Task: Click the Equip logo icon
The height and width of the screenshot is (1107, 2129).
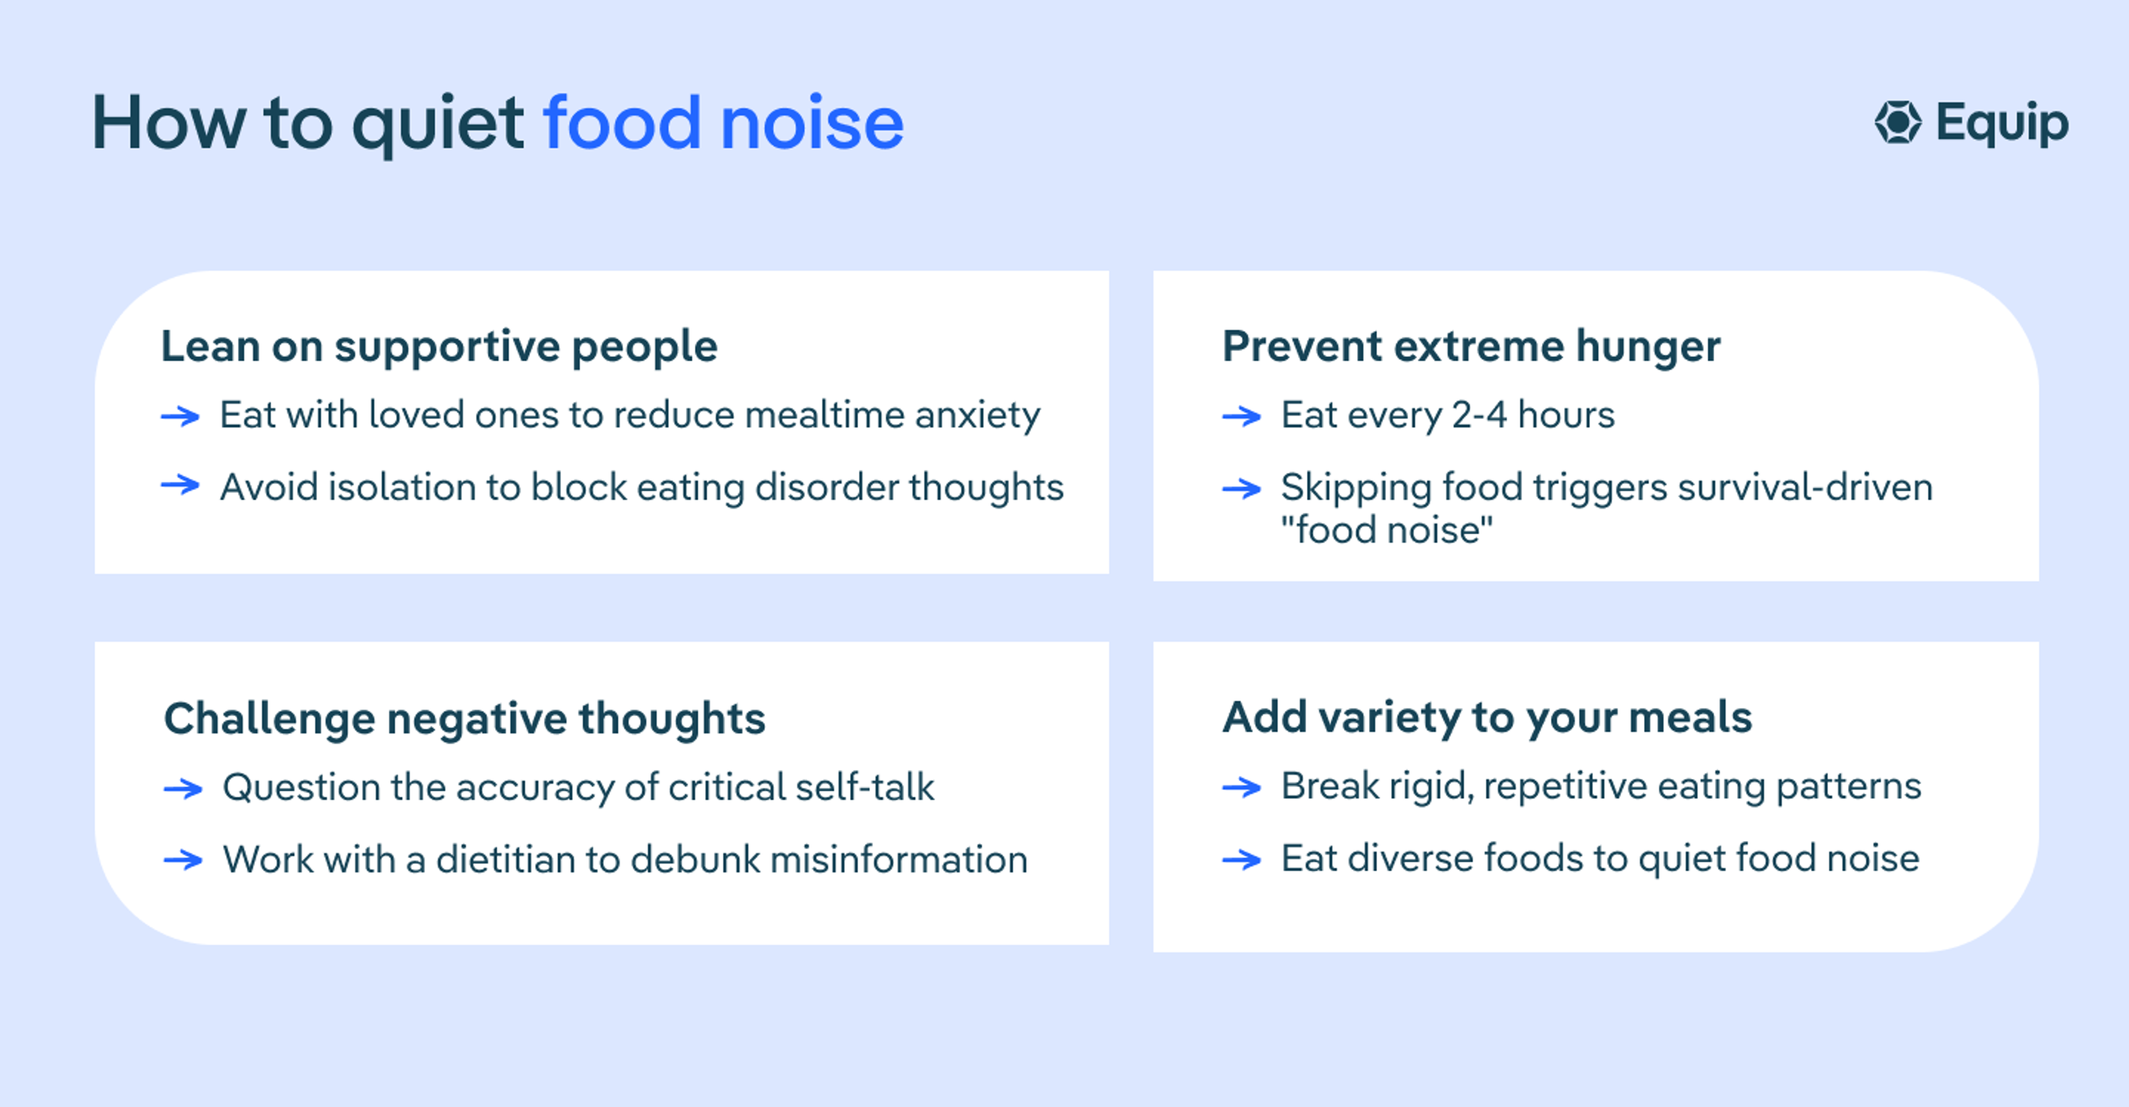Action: coord(1898,123)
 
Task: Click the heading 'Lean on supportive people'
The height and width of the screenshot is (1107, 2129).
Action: coord(439,346)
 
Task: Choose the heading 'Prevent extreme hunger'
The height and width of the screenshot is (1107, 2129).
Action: coord(1471,346)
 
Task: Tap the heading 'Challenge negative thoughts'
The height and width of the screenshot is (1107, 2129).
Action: coord(465,718)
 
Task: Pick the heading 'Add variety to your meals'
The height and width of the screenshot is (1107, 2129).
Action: coord(1487,717)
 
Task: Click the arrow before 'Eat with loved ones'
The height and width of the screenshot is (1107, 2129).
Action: coord(180,416)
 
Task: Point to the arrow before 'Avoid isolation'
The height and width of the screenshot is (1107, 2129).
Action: coord(180,485)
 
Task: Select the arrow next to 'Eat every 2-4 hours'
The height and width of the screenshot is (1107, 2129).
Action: coord(1241,416)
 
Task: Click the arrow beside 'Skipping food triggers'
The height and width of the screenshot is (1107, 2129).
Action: coord(1241,489)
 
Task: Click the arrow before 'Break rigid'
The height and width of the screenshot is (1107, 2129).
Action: coord(1241,787)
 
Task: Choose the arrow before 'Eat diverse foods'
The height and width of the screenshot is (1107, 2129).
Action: coord(1241,860)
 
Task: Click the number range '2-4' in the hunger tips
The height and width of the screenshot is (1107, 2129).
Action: coord(1479,415)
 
